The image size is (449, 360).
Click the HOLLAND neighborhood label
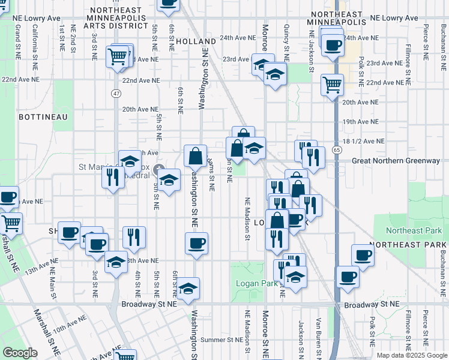pos(196,41)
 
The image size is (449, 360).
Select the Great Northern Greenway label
pos(396,161)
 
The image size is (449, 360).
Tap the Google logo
pos(20,353)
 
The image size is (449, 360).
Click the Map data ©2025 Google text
pos(411,355)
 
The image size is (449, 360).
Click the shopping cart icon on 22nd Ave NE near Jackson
pos(331,84)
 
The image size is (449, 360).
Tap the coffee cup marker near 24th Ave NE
pos(333,44)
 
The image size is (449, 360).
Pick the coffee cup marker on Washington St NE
pos(196,244)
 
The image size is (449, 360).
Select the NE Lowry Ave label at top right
pos(394,19)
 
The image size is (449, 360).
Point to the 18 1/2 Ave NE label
pos(364,141)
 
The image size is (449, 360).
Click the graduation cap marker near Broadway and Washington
pos(188,289)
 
